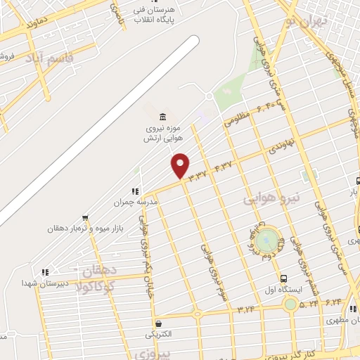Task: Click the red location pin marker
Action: click(181, 166)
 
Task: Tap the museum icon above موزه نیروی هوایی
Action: click(162, 116)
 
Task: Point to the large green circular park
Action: click(266, 240)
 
